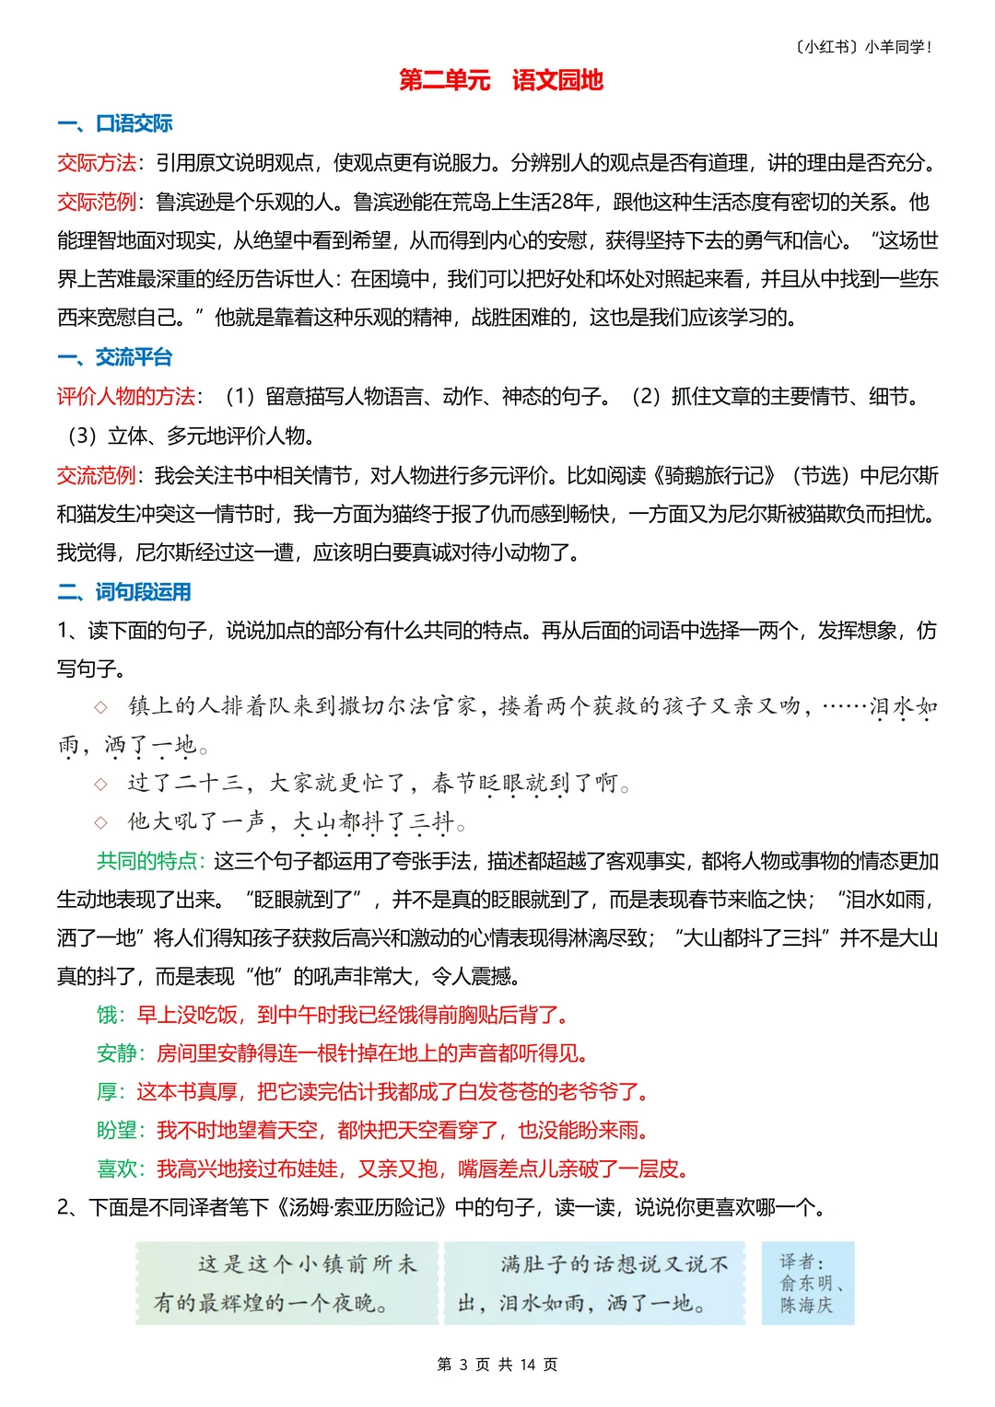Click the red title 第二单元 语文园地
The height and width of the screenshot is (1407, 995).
500,80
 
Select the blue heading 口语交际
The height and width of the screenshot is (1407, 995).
134,123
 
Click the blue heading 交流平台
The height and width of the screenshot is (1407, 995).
134,357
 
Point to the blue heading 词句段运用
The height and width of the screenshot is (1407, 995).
143,592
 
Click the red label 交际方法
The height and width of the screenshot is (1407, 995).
96,163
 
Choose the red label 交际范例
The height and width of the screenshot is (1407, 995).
96,202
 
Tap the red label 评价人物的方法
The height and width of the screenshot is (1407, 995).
125,397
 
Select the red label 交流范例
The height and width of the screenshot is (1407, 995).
96,475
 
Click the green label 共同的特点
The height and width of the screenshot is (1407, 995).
146,861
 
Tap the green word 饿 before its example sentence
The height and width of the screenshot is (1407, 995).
107,1015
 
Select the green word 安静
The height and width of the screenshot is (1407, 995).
116,1053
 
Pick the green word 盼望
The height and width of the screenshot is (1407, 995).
116,1130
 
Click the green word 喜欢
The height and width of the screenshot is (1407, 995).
116,1169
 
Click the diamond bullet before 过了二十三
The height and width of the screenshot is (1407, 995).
101,784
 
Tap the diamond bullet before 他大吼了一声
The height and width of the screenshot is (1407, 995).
101,822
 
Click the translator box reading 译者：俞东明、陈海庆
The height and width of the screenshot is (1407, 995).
808,1283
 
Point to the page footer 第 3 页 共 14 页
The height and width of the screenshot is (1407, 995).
497,1365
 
